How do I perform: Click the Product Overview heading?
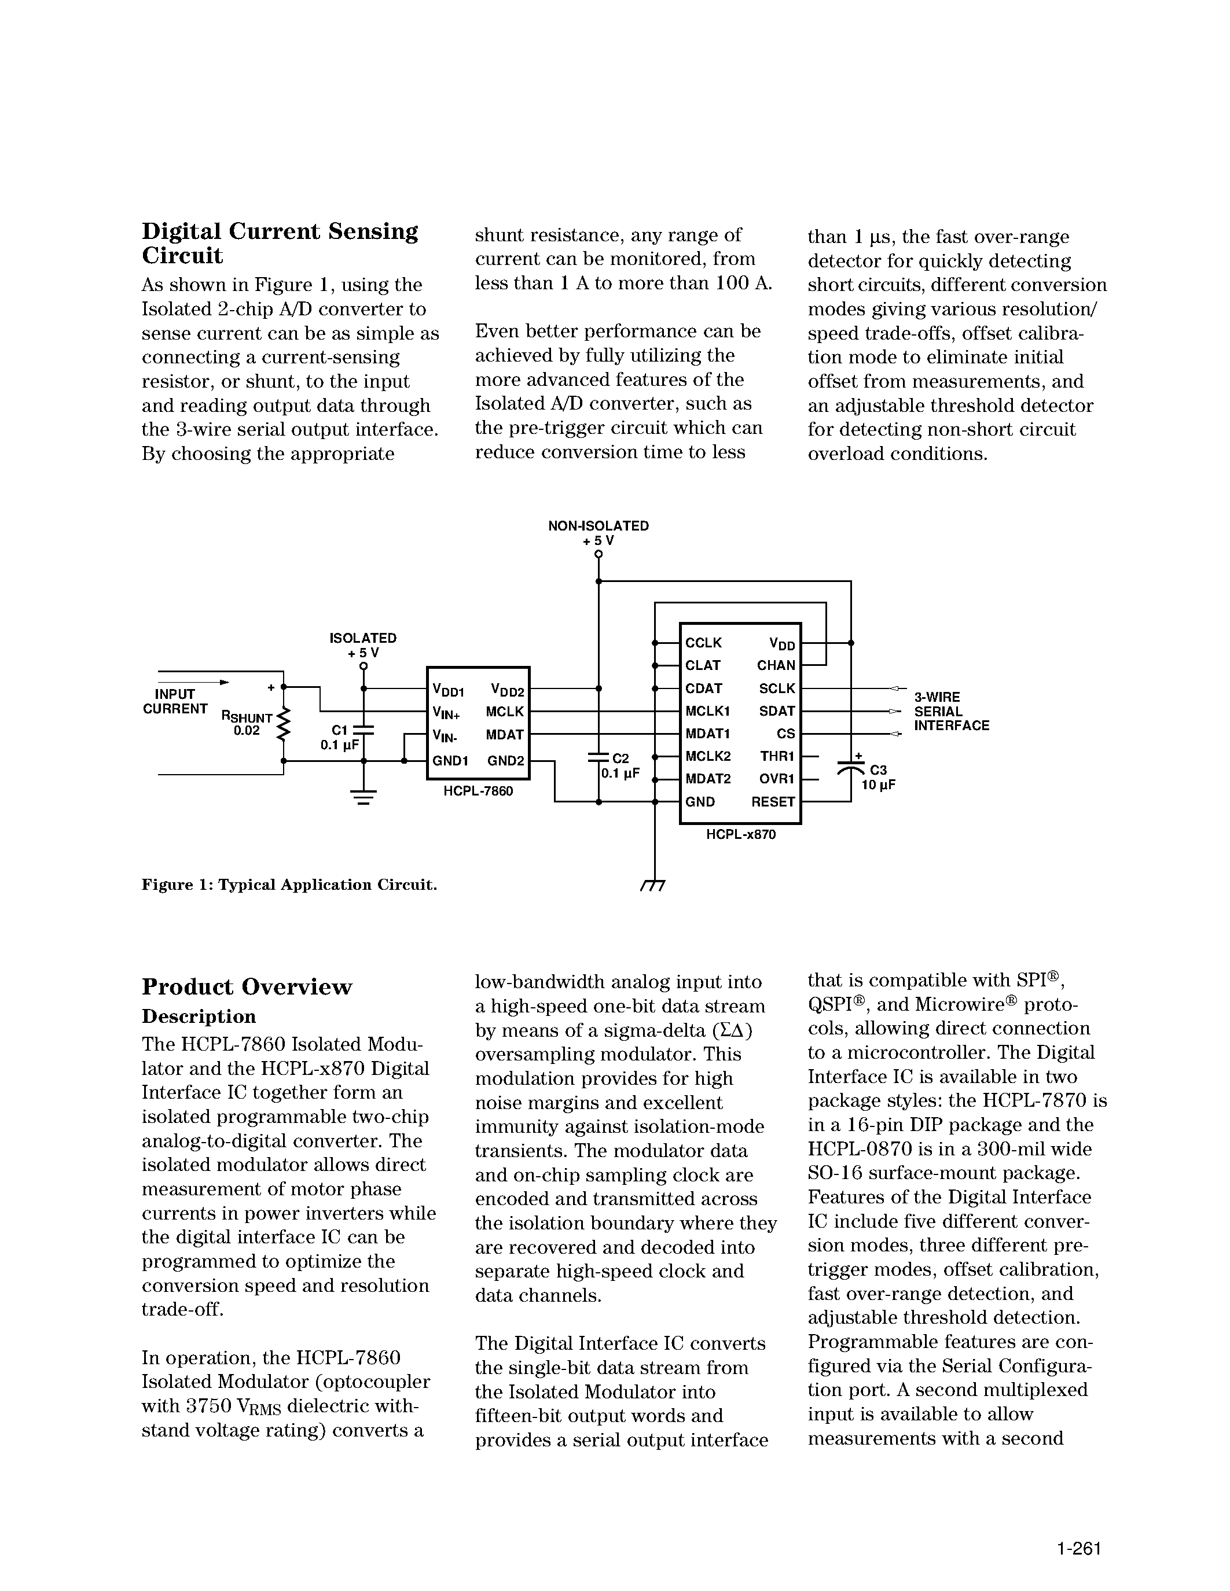247,987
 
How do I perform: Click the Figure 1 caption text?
289,885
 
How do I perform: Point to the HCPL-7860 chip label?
478,790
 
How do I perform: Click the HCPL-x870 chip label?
740,834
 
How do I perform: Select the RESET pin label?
772,801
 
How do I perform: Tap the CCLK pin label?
703,643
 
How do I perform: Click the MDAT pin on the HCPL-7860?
504,735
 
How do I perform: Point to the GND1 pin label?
450,761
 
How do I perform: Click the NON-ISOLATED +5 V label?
599,532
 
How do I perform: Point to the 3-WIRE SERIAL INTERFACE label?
951,711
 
